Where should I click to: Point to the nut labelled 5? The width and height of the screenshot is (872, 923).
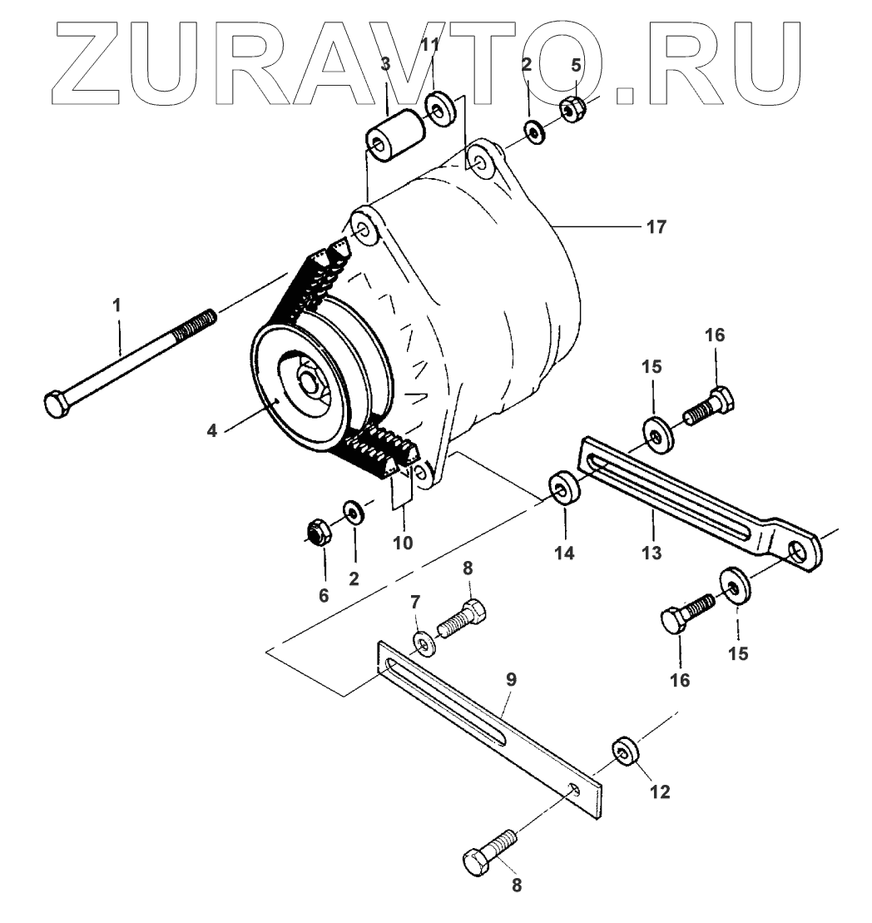[x=572, y=109]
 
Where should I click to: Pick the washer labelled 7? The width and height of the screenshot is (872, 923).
[x=423, y=642]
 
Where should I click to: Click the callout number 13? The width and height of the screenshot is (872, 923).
[x=652, y=552]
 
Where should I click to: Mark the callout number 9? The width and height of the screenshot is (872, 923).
[x=510, y=679]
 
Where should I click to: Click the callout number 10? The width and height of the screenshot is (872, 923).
[x=403, y=542]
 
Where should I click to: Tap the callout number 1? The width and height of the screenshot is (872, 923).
[x=117, y=305]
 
